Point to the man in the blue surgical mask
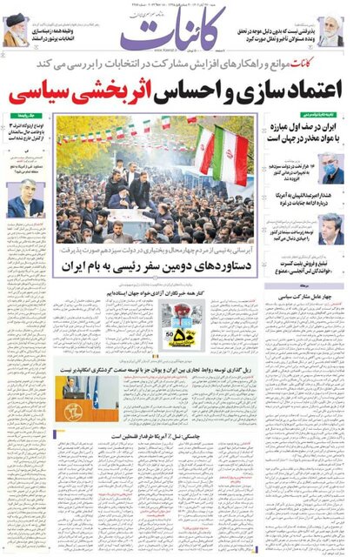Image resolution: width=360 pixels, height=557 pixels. pos(331,169)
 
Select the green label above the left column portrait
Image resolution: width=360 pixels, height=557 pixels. pos(31,116)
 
